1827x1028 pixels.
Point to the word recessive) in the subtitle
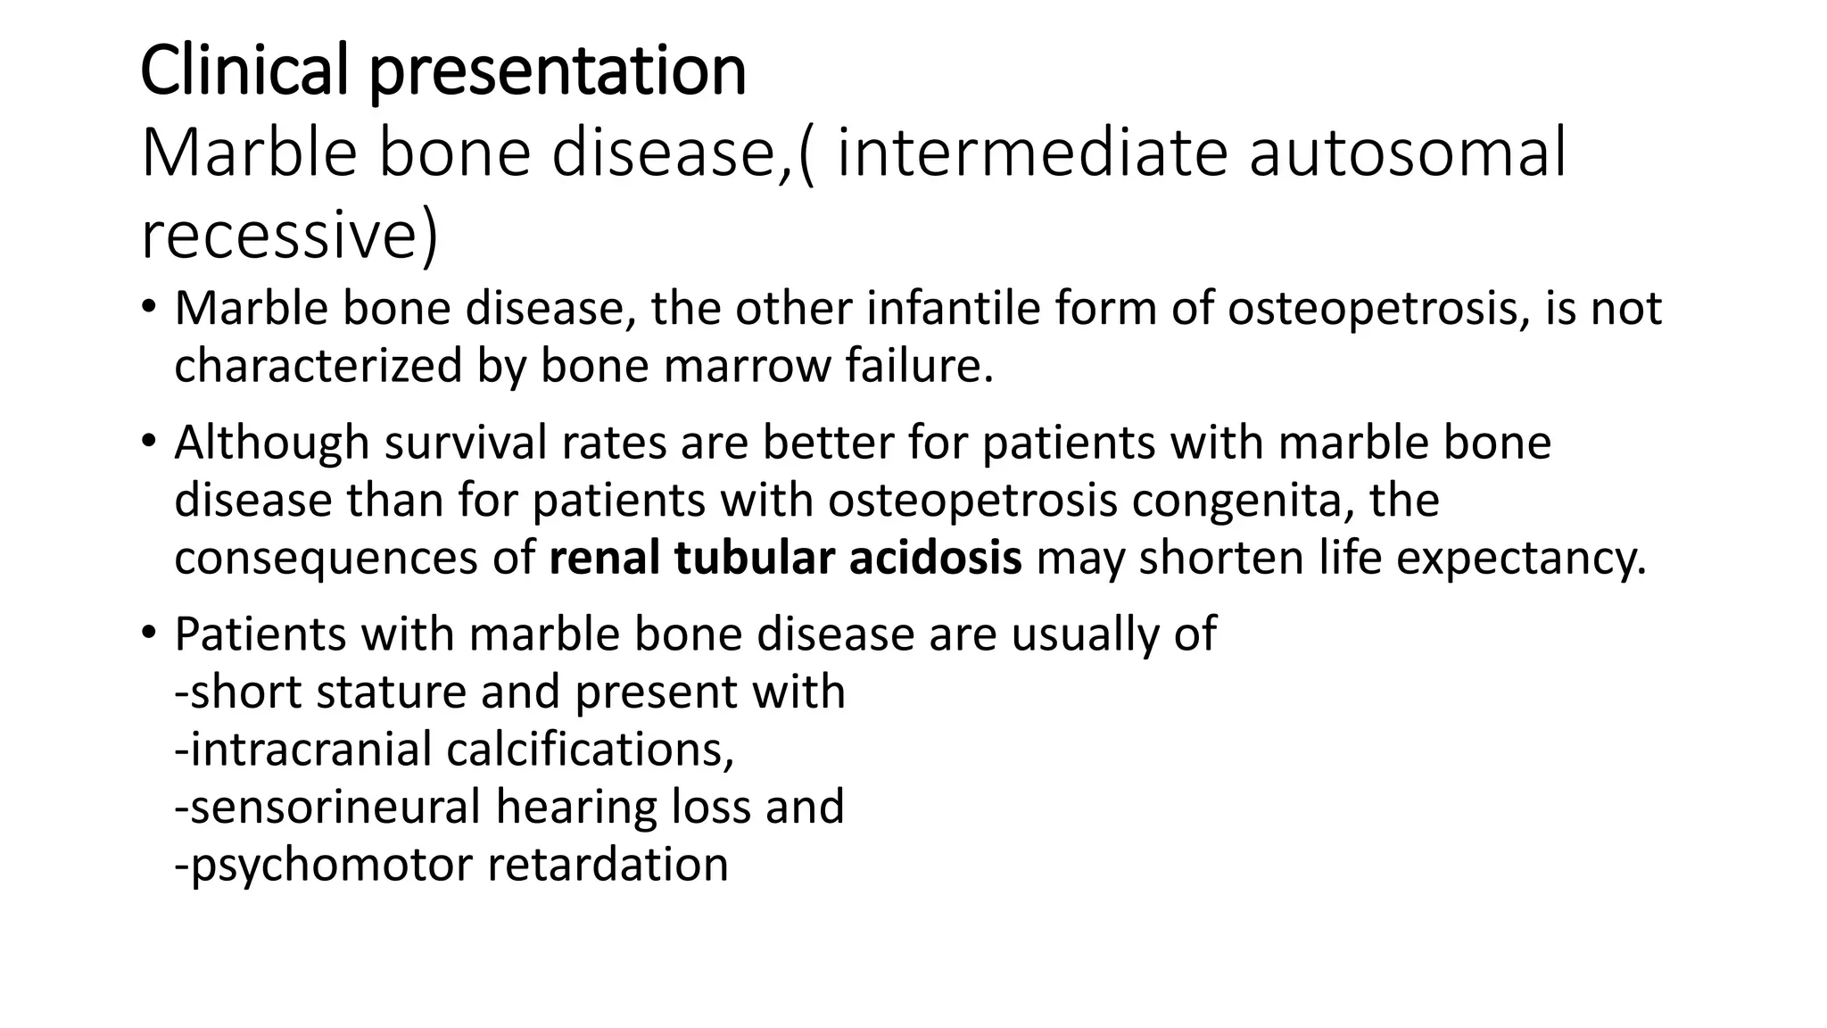pos(290,235)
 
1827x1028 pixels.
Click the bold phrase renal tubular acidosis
pos(785,558)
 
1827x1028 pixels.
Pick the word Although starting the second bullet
pos(271,443)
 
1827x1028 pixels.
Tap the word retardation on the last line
pos(608,865)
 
